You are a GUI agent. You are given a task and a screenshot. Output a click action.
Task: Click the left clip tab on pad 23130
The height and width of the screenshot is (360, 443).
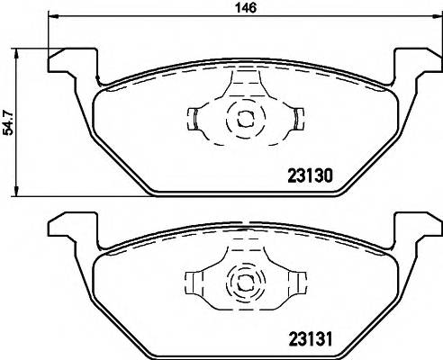[194, 118]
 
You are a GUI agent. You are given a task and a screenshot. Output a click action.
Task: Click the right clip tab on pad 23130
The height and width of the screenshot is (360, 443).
[296, 118]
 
